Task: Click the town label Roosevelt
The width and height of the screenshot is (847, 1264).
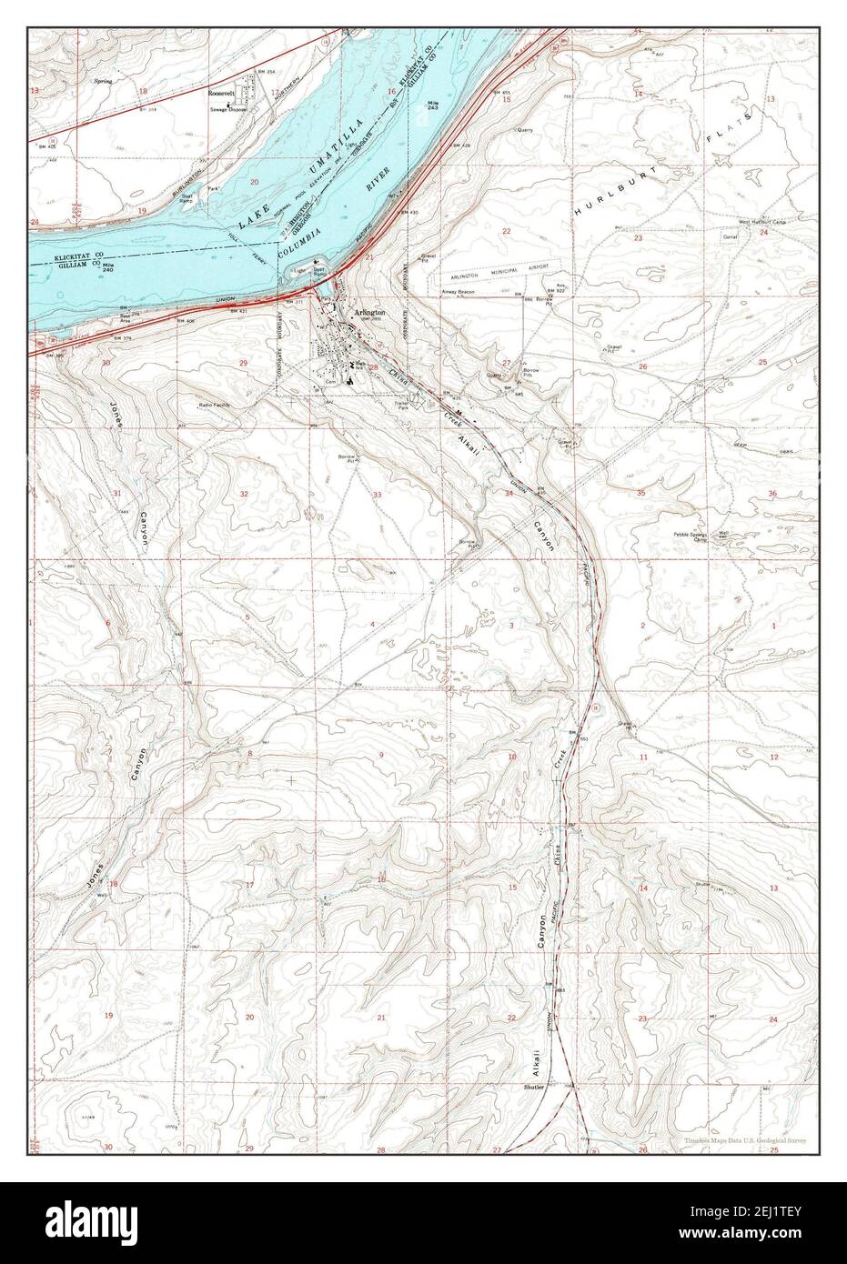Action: click(221, 93)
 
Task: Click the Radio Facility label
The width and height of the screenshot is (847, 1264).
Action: click(215, 405)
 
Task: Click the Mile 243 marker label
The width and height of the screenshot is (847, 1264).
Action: click(432, 107)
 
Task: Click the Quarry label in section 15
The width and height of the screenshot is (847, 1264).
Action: click(525, 129)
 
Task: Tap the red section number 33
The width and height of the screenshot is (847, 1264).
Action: click(377, 494)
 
